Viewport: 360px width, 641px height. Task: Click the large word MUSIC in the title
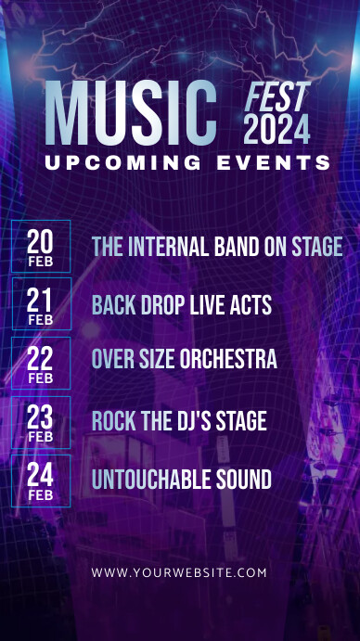pos(130,114)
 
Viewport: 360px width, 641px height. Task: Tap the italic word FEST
pos(276,97)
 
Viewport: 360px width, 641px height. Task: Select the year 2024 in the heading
pos(276,130)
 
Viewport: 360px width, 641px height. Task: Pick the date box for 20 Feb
pos(41,246)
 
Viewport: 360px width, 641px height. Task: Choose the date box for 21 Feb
pos(41,304)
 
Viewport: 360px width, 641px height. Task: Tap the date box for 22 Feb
pos(41,364)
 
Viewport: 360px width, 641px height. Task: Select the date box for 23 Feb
pos(41,422)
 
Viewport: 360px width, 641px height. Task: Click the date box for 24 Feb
pos(41,481)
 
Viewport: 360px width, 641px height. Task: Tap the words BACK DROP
pos(135,305)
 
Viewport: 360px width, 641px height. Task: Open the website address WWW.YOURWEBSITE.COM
pos(179,572)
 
